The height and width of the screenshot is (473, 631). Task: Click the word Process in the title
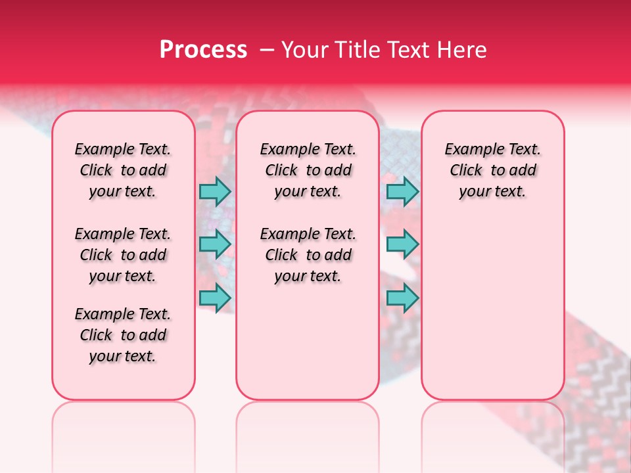click(203, 50)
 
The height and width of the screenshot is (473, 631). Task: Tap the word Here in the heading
click(463, 50)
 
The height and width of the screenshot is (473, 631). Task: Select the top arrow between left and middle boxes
click(215, 191)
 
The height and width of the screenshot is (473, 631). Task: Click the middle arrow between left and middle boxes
click(215, 244)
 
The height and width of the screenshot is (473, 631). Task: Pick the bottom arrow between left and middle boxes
click(215, 298)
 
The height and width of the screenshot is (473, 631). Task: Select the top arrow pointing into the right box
click(402, 191)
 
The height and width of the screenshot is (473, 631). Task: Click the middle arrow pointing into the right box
click(402, 244)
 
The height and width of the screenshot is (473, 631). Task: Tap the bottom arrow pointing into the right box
click(402, 298)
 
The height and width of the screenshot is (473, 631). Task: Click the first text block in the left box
click(123, 170)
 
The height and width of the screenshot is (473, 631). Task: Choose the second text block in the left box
click(123, 255)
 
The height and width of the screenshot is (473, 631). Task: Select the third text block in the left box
click(123, 335)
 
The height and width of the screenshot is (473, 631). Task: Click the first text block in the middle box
click(308, 170)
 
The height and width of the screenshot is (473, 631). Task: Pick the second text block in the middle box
click(308, 255)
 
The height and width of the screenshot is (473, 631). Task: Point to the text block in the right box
click(493, 170)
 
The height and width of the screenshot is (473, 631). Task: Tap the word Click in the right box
click(466, 171)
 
